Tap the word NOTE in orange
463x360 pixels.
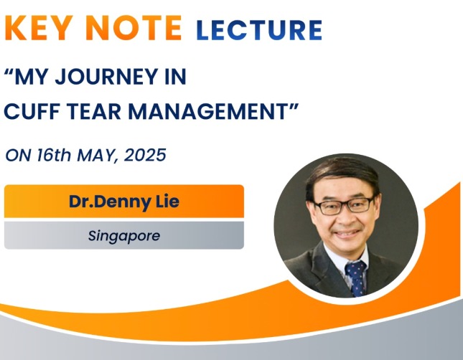tap(135, 28)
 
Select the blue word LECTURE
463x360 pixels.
tap(259, 30)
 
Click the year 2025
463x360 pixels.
tap(145, 155)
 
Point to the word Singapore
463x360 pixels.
tap(124, 236)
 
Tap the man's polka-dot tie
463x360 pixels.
tap(357, 278)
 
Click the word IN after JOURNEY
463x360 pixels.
tap(175, 77)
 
